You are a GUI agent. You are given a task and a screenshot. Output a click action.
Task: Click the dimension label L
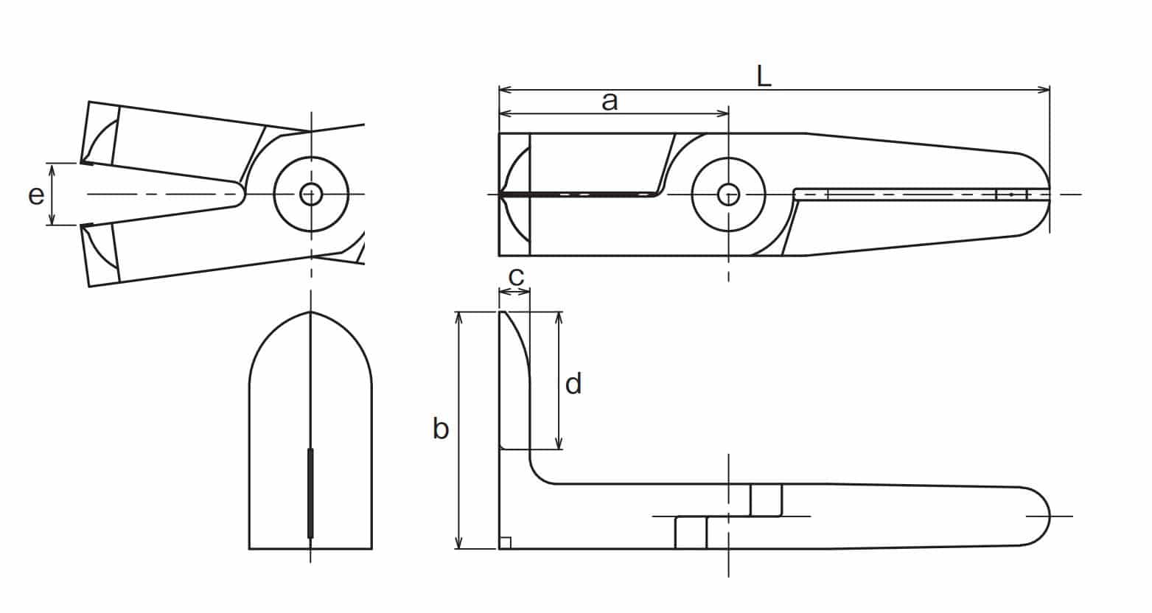[x=764, y=77]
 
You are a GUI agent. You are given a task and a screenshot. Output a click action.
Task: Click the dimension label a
[x=610, y=102]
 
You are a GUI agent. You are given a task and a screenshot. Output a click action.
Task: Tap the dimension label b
[x=440, y=429]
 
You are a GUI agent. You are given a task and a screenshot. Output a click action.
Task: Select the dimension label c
[x=516, y=278]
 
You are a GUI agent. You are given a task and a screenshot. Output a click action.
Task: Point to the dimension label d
[x=573, y=384]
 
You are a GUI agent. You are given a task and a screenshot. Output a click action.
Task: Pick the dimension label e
[x=36, y=196]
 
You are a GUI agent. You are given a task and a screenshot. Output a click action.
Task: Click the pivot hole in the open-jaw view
[x=310, y=195]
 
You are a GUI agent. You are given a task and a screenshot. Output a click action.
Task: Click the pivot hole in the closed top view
[x=728, y=195]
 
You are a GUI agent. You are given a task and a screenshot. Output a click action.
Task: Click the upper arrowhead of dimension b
[x=459, y=318]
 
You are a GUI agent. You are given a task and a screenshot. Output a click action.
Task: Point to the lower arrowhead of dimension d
[x=559, y=444]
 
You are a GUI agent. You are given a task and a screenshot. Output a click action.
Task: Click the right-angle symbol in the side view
[x=505, y=543]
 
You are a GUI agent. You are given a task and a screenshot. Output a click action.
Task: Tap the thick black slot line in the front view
[x=310, y=494]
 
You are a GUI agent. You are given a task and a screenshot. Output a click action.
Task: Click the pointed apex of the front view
[x=310, y=312]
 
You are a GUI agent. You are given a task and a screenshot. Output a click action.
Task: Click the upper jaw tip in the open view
[x=83, y=162]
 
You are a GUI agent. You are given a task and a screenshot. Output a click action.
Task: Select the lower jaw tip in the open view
[x=83, y=225]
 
